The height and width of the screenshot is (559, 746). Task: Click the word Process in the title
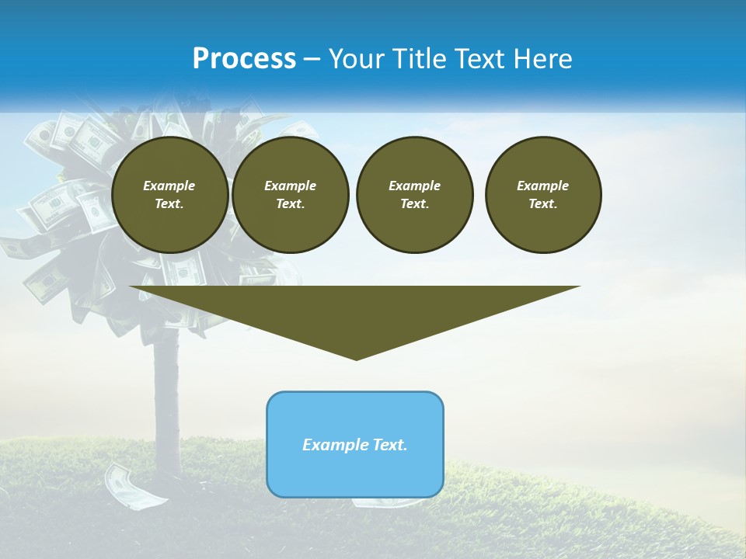pos(244,59)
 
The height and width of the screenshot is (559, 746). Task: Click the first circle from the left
pos(169,195)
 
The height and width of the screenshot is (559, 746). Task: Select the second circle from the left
pos(291,195)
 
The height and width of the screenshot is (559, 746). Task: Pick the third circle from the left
pos(415,195)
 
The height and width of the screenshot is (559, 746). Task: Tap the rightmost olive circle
pos(543,195)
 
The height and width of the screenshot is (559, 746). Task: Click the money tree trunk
pos(167,404)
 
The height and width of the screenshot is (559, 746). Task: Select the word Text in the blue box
pos(390,445)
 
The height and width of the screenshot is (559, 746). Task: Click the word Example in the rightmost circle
pos(543,186)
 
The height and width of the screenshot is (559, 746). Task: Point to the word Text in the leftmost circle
pos(169,204)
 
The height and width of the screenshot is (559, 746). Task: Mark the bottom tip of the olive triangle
pos(356,359)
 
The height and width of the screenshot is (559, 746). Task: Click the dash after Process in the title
pos(312,59)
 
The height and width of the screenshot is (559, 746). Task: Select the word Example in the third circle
pos(415,186)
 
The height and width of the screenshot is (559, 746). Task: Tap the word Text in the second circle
pos(291,204)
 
